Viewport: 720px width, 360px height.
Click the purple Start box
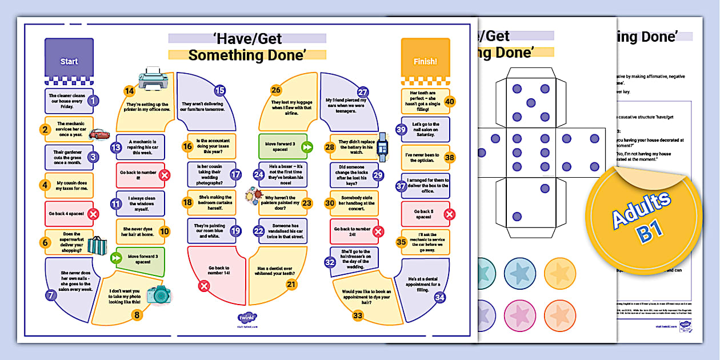(x=69, y=61)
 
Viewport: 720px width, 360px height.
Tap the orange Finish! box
(x=425, y=61)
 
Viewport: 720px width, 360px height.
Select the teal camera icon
(x=158, y=294)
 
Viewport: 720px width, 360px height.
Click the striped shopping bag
(x=97, y=246)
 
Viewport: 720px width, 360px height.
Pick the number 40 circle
(x=449, y=102)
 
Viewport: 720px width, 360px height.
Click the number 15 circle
(x=220, y=90)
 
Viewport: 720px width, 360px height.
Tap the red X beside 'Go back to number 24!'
(x=378, y=231)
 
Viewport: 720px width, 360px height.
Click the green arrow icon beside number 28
(x=307, y=147)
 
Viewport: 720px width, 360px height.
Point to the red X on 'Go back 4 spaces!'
(x=93, y=214)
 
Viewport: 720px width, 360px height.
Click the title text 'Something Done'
(x=247, y=55)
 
